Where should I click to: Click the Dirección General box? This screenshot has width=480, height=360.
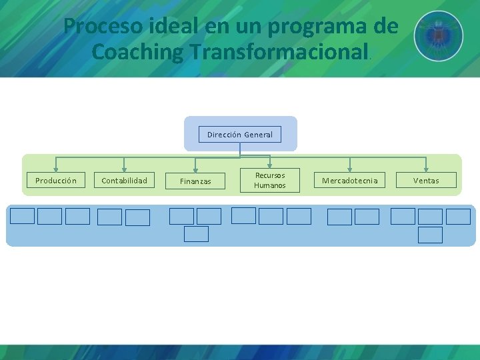240,134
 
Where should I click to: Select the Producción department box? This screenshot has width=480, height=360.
56,180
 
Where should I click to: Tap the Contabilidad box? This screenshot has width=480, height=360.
125,180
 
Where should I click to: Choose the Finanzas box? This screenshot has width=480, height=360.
195,181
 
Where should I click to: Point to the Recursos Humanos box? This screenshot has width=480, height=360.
270,180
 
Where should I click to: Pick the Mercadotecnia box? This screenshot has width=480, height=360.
350,180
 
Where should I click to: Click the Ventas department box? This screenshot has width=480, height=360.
426,180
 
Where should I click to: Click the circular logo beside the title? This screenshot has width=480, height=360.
438,36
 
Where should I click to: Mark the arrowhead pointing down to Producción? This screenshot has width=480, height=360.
55,169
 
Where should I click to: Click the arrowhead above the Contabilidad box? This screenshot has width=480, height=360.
124,169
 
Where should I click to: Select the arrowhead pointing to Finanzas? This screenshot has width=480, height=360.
195,169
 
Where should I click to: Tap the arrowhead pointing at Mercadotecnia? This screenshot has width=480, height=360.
349,169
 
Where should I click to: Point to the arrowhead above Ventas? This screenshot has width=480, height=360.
426,169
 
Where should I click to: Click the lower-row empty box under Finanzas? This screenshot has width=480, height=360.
196,234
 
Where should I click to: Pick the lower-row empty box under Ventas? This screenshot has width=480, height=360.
430,235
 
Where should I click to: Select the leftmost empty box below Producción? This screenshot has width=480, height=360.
22,216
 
